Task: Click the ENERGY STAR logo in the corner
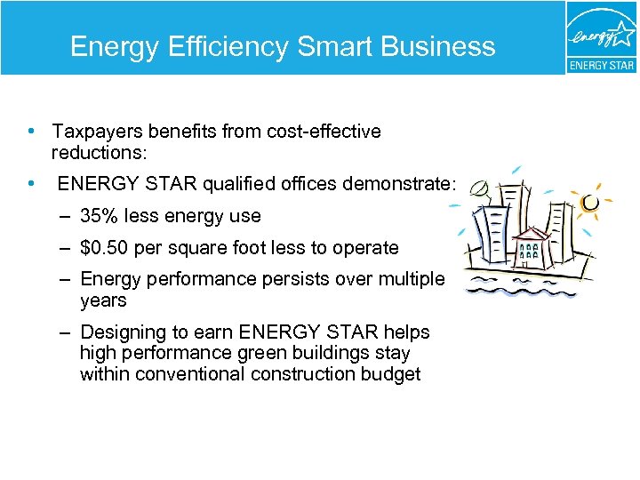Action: pos(601,38)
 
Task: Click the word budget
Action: pos(390,373)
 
